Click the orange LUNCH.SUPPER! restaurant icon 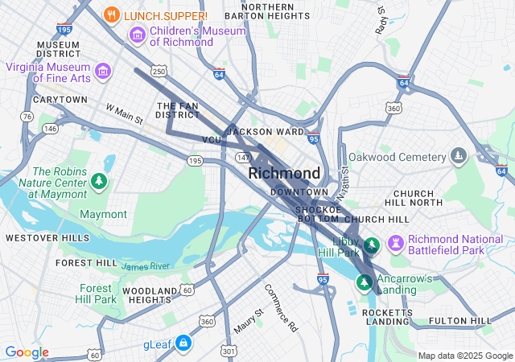tap(113, 14)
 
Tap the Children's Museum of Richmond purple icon tap(137, 35)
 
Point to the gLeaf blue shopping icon tap(183, 343)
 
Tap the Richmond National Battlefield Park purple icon tap(395, 243)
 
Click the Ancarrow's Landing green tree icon tap(365, 282)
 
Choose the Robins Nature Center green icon tap(99, 181)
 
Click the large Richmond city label tap(284, 173)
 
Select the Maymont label tap(103, 214)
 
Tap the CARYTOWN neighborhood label tap(60, 100)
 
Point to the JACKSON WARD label tap(265, 131)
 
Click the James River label tap(146, 265)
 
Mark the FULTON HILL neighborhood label tap(460, 321)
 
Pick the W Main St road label tap(124, 113)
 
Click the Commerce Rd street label tap(281, 307)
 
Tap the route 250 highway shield tap(159, 72)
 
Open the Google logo tap(27, 352)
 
